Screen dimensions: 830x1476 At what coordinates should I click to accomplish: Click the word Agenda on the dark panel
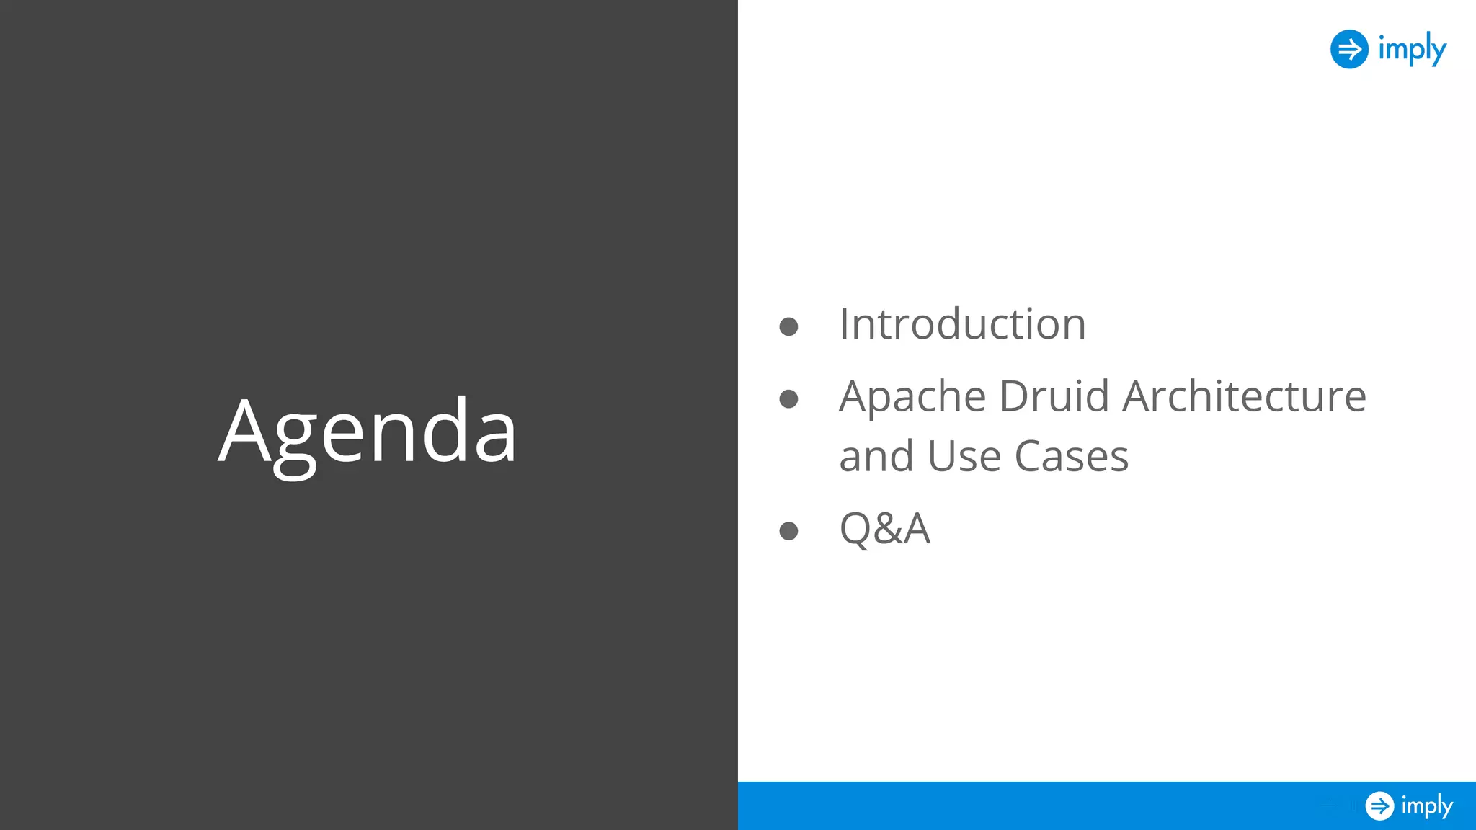368,432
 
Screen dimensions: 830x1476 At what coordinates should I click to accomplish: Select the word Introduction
962,324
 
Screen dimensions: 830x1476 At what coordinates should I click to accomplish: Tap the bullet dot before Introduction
788,327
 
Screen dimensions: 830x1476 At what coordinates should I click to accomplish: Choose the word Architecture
1244,396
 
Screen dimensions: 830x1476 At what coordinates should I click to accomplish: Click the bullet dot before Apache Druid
788,399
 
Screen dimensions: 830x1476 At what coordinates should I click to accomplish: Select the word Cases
1071,457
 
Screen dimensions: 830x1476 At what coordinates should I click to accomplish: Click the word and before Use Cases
877,457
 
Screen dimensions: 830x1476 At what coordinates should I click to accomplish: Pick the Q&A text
885,529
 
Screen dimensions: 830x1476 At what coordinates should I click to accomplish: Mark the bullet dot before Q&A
788,532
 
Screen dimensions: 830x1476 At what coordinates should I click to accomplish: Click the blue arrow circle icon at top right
1349,49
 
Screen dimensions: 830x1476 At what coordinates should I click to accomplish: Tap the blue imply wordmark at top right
1412,49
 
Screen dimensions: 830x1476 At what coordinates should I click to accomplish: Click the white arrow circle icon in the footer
1379,806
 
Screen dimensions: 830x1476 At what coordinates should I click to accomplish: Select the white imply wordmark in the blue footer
1427,806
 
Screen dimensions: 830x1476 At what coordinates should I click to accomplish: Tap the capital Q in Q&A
856,529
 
